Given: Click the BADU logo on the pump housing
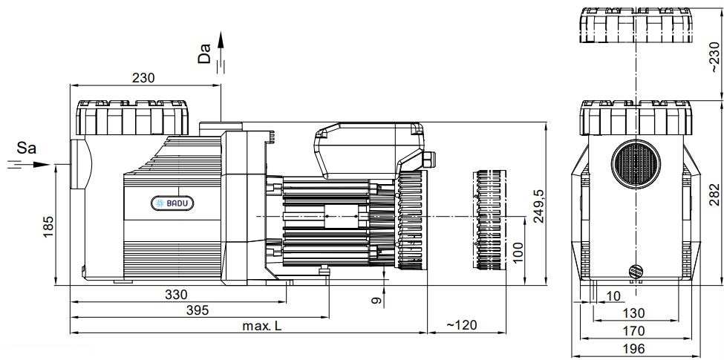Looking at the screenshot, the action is click(173, 203).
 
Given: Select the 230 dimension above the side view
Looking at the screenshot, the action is click(143, 78).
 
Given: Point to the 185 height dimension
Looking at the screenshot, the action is click(49, 227).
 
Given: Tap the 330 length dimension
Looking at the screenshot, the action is click(177, 295).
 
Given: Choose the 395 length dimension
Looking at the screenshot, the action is click(198, 310).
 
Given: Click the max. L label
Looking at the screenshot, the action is click(262, 326).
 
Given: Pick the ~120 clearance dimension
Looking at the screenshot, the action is click(461, 325).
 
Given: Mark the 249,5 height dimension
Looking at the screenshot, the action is click(539, 206).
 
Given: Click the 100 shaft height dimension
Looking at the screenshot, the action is click(518, 253).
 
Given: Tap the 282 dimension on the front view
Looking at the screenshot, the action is click(714, 194).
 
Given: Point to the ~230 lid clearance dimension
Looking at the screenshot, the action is click(714, 56).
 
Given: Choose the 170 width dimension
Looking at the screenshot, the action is click(633, 331).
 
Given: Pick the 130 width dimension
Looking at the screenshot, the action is click(633, 313).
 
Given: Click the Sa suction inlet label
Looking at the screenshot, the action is click(26, 148).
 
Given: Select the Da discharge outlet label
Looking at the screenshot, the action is click(204, 53).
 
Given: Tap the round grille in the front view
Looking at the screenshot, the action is click(636, 164).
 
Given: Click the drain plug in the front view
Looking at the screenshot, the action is click(636, 271).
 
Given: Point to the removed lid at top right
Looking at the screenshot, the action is click(636, 25).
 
